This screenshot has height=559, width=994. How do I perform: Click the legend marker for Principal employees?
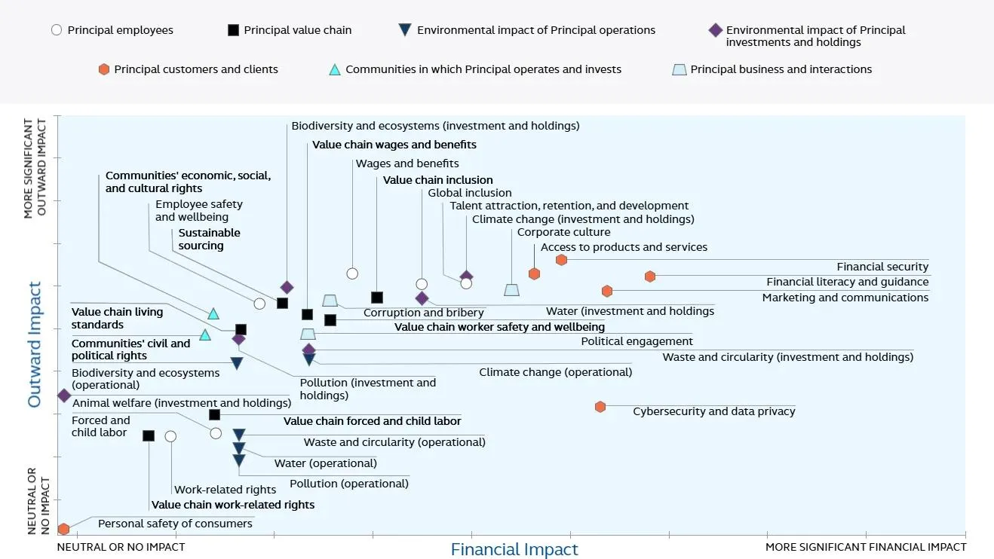(56, 30)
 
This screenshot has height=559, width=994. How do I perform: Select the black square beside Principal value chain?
(233, 30)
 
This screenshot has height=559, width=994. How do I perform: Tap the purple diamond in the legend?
(715, 30)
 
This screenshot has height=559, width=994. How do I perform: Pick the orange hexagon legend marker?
(104, 69)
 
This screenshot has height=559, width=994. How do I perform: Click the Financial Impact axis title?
(514, 550)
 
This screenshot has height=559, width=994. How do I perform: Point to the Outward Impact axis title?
(35, 344)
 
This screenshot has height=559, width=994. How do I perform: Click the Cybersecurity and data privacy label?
(713, 411)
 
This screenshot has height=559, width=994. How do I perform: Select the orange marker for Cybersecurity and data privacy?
(600, 407)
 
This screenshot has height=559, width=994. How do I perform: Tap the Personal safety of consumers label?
(175, 524)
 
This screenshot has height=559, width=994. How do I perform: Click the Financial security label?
(882, 267)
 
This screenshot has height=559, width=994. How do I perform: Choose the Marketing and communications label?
(845, 298)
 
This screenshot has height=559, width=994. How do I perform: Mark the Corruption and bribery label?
(423, 313)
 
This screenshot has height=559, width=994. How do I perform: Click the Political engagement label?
(637, 341)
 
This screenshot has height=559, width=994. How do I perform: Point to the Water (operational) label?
(325, 463)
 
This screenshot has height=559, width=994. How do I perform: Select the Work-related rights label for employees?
(214, 490)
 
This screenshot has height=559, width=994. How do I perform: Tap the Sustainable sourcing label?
(209, 239)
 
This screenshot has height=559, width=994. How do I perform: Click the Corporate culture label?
(563, 232)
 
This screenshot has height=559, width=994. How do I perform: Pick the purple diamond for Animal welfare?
(64, 396)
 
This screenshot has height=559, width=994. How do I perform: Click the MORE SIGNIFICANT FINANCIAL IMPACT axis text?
(865, 547)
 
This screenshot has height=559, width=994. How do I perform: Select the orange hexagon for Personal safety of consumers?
(64, 529)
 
